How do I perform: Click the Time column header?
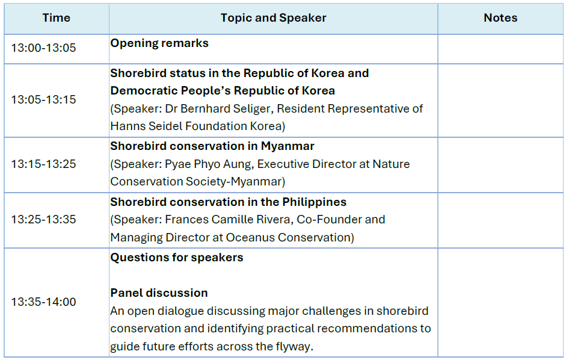point(57,17)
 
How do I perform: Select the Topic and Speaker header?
point(273,17)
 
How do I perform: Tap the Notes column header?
point(500,17)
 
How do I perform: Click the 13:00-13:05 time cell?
point(44,48)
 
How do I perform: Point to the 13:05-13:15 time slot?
point(44,99)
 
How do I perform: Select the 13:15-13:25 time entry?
point(44,164)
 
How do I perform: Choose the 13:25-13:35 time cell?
point(44,219)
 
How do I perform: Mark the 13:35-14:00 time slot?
point(44,302)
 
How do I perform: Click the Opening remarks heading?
point(159,43)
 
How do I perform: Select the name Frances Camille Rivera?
point(228,220)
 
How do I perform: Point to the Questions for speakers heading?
point(176,258)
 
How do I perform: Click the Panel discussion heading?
point(159,293)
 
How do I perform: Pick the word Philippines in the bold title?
point(314,202)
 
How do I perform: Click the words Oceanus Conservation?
point(288,237)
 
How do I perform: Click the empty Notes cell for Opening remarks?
point(500,49)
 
